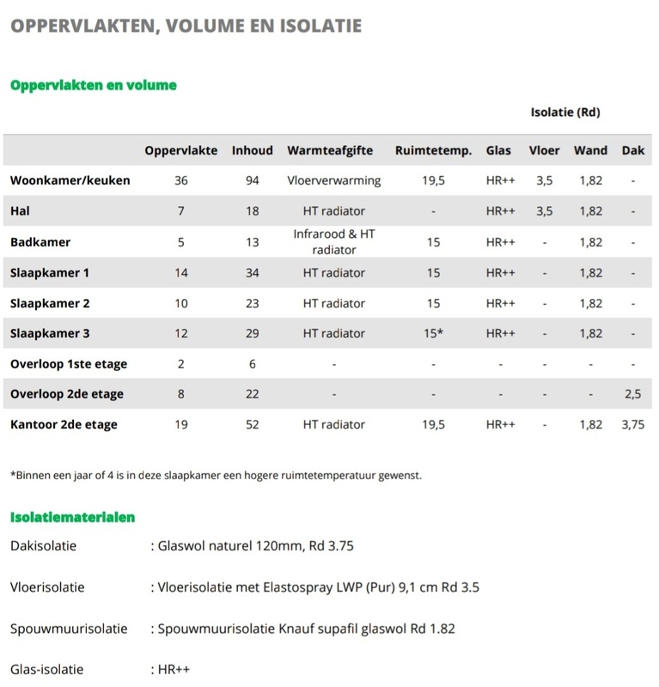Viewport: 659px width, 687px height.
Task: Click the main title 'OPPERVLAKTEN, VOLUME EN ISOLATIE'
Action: pyautogui.click(x=186, y=26)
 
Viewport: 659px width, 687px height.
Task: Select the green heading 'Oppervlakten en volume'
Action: pyautogui.click(x=93, y=86)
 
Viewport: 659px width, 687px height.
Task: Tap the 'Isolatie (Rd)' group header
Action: pyautogui.click(x=564, y=112)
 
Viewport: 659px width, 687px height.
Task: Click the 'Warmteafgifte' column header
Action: pyautogui.click(x=330, y=150)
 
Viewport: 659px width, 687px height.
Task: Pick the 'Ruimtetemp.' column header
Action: pyautogui.click(x=433, y=150)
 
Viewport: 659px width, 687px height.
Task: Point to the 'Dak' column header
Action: pyautogui.click(x=632, y=150)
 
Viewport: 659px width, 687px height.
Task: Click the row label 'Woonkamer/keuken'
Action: pyautogui.click(x=70, y=180)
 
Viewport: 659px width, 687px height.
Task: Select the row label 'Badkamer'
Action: pyautogui.click(x=40, y=242)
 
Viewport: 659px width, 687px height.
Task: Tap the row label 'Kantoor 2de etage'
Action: pyautogui.click(x=64, y=424)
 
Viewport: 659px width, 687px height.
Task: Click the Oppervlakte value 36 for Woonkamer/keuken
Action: pyautogui.click(x=180, y=180)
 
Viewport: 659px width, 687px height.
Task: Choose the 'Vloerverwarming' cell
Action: pyautogui.click(x=334, y=180)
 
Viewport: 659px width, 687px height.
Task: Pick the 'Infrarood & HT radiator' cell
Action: pyautogui.click(x=334, y=242)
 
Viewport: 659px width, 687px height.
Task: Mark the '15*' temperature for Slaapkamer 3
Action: pyautogui.click(x=434, y=333)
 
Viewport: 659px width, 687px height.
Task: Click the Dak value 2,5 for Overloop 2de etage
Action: pyautogui.click(x=632, y=394)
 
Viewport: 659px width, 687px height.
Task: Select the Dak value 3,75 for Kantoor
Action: pyautogui.click(x=632, y=424)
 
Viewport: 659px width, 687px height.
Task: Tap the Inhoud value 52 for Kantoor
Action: pyautogui.click(x=252, y=424)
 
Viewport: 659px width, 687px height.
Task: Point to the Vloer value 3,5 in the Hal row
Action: pyautogui.click(x=544, y=211)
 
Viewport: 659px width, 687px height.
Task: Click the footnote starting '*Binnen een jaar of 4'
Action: pyautogui.click(x=216, y=475)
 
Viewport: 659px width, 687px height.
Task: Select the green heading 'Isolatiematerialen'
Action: pyautogui.click(x=72, y=518)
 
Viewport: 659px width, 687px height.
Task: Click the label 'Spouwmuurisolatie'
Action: pyautogui.click(x=69, y=629)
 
